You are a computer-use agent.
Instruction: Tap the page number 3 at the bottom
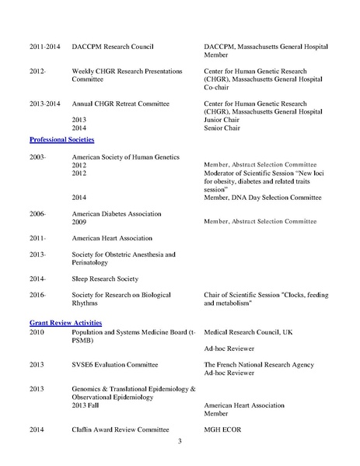[x=179, y=442]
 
